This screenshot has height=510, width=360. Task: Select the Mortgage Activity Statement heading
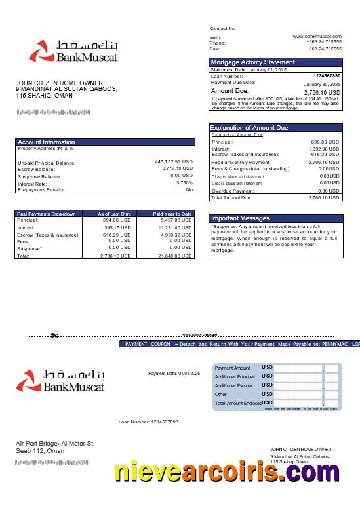252,62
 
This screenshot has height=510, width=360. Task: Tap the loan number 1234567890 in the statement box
327,76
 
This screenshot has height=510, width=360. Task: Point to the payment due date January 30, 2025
322,85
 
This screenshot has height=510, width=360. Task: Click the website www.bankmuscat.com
317,37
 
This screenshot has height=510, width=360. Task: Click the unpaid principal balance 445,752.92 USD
174,161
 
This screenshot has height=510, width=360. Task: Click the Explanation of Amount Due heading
249,127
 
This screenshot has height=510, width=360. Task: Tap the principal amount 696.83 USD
325,142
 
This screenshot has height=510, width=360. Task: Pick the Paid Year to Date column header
172,214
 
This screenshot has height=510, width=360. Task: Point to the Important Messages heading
240,218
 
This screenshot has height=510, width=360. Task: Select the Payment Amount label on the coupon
233,368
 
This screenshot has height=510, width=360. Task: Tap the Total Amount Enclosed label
238,403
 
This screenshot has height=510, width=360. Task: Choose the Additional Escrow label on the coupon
233,385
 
